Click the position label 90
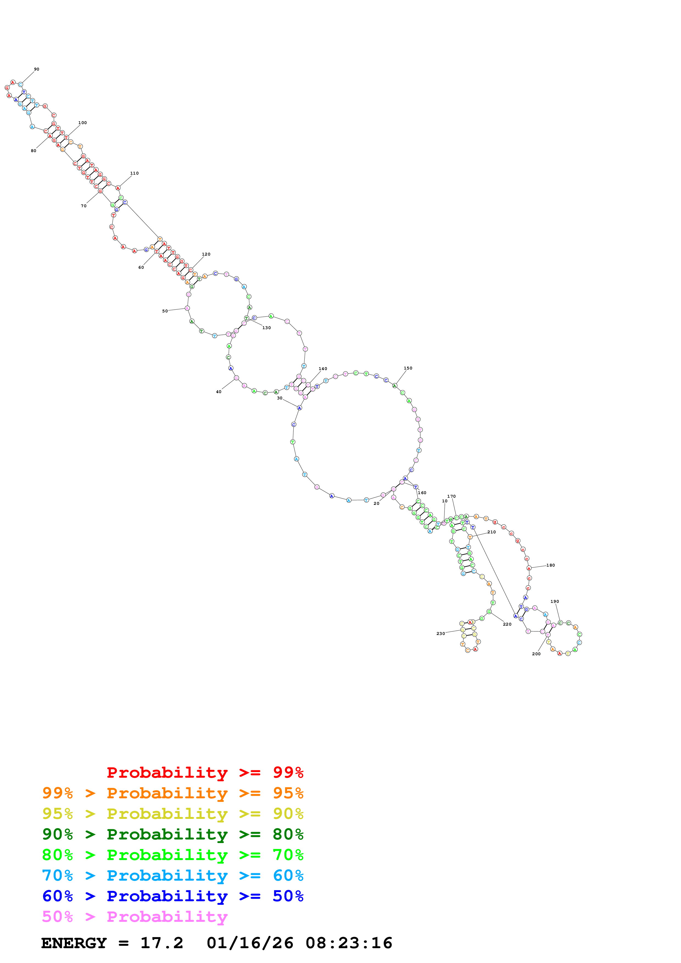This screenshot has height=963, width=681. (x=37, y=69)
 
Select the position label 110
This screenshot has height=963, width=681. (x=134, y=173)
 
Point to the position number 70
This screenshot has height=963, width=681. (x=84, y=206)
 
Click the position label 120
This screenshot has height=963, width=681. (x=206, y=254)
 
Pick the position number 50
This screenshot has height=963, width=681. (x=165, y=311)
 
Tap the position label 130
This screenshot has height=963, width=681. (x=266, y=328)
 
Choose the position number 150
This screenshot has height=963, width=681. (x=408, y=368)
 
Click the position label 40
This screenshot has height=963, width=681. (x=219, y=392)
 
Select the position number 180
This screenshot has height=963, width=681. (x=551, y=566)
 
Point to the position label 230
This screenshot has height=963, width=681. (x=441, y=634)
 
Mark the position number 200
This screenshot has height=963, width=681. (x=536, y=654)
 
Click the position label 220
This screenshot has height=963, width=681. (x=507, y=624)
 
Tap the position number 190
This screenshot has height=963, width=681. (x=555, y=601)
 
